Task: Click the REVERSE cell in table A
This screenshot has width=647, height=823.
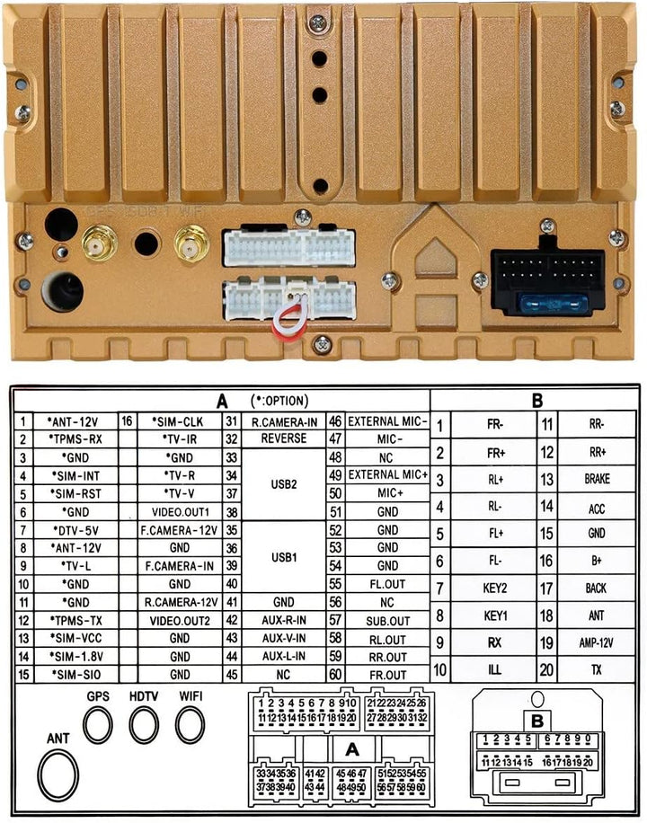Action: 284,438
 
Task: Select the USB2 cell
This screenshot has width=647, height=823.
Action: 284,484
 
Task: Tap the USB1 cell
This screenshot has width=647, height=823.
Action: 284,557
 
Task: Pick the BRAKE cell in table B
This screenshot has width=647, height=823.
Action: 597,479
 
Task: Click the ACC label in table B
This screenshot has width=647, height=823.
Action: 597,508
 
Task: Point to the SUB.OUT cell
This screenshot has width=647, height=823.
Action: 387,621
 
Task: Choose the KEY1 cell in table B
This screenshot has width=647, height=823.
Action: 495,615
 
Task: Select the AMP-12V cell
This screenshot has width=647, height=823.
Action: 597,642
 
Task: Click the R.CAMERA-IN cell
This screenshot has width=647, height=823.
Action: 284,421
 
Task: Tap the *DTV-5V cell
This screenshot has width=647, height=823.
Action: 76,530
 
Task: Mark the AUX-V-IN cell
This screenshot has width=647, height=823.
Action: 284,638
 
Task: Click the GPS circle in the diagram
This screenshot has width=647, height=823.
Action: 98,725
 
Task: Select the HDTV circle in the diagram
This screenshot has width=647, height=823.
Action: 144,725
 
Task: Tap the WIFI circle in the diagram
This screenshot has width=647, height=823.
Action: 191,725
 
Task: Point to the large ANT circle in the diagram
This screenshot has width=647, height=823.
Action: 58,775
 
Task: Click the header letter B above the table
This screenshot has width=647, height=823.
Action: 536,401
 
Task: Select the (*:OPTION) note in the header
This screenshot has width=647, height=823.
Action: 279,401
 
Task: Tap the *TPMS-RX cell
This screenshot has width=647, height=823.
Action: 76,439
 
